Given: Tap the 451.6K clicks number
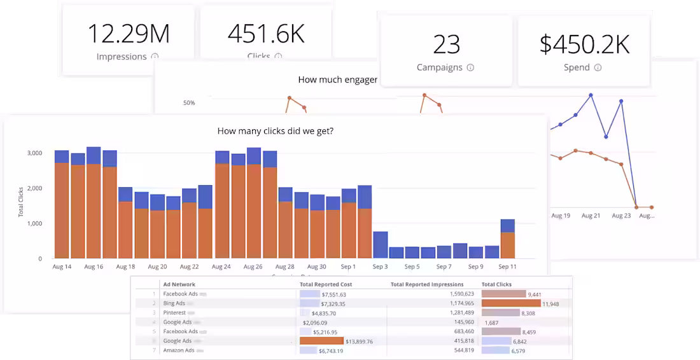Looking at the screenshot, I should pyautogui.click(x=266, y=33).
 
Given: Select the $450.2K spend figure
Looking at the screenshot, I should pyautogui.click(x=584, y=44).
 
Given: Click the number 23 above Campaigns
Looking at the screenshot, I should pyautogui.click(x=447, y=44).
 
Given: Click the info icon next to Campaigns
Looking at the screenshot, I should pyautogui.click(x=470, y=67).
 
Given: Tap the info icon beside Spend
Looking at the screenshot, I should pyautogui.click(x=598, y=67).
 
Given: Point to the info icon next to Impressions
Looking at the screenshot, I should pyautogui.click(x=155, y=57).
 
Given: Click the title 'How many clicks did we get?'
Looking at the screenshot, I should pyautogui.click(x=276, y=132).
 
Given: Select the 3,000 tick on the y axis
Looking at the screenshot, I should pyautogui.click(x=34, y=153).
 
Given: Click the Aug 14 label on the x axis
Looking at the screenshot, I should pyautogui.click(x=62, y=267).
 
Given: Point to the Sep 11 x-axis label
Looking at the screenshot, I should pyautogui.click(x=508, y=267).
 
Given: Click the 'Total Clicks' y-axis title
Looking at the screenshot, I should pyautogui.click(x=20, y=202).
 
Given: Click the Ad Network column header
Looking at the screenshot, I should pyautogui.click(x=179, y=284).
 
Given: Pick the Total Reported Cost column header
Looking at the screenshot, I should pyautogui.click(x=326, y=284).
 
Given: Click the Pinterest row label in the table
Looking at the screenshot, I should pyautogui.click(x=174, y=313).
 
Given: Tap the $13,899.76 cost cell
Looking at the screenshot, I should pyautogui.click(x=359, y=341).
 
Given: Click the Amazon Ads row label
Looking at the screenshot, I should pyautogui.click(x=178, y=350).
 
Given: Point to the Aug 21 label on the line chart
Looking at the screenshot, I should pyautogui.click(x=591, y=216).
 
